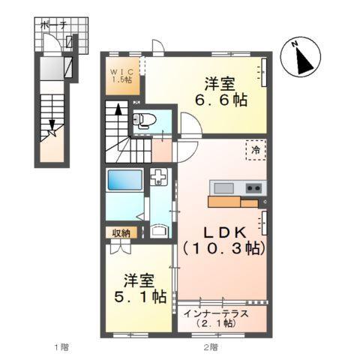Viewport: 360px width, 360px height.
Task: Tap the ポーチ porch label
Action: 54,25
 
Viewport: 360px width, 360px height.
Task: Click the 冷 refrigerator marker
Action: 256,150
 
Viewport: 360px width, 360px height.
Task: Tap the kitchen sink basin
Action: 223,187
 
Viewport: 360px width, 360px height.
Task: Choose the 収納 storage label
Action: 121,233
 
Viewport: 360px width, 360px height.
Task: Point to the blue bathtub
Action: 124,182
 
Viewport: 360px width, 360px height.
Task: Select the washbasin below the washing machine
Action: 159,229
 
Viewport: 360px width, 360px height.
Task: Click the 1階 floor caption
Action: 61,347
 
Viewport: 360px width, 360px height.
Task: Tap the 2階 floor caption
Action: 211,347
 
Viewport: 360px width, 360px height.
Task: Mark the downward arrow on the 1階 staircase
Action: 52,127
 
